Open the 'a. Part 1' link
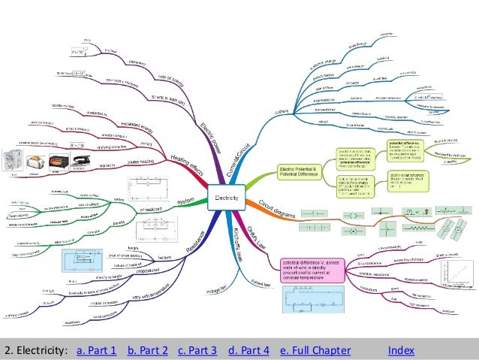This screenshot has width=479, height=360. click(x=97, y=350)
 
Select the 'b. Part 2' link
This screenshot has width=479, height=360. click(x=147, y=350)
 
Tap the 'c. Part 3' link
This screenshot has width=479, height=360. click(x=197, y=350)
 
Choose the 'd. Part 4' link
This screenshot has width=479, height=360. click(x=248, y=350)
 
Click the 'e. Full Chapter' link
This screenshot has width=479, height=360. click(x=315, y=350)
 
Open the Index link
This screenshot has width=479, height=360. click(x=402, y=350)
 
